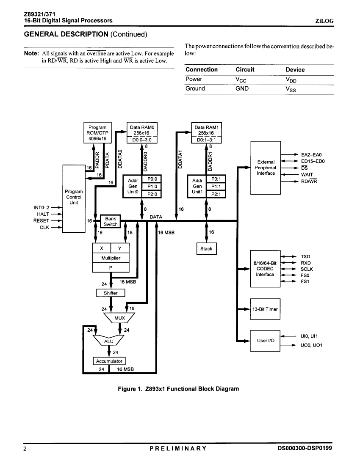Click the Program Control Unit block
74,199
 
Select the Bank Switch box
111,221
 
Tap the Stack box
206,249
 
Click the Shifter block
111,293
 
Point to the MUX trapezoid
119,318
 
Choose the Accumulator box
109,361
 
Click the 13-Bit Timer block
265,309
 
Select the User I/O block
265,341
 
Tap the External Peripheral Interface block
266,168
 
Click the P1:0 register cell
152,187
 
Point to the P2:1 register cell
216,194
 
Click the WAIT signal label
307,175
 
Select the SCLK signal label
307,269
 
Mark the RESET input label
41,220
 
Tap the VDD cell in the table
291,80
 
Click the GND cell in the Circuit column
242,88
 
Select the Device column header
295,70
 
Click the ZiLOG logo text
324,21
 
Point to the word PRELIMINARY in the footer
178,448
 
